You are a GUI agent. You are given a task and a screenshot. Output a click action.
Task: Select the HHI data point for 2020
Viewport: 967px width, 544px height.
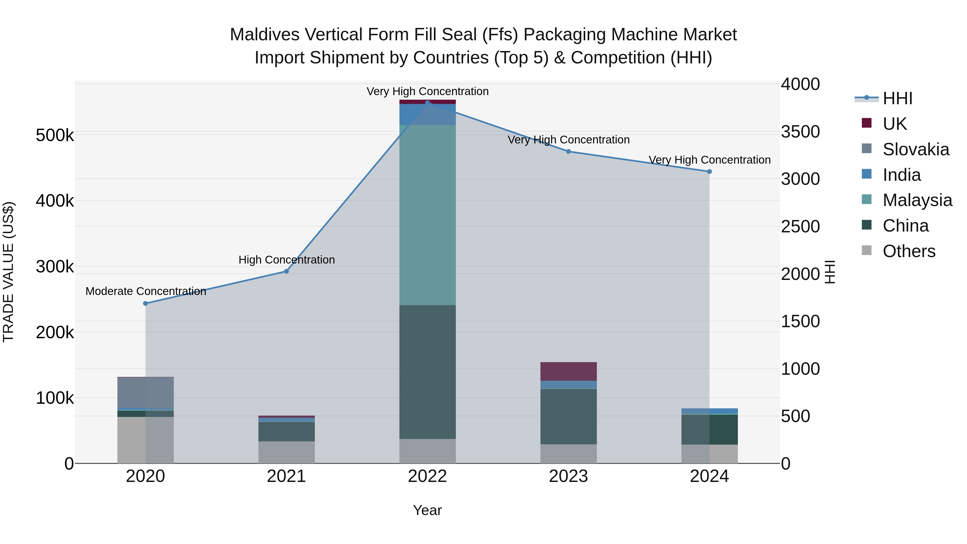click(x=146, y=303)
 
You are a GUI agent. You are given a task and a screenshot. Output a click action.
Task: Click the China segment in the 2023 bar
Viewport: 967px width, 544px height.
click(x=568, y=416)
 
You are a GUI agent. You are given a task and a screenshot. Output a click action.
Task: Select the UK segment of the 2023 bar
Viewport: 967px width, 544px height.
click(x=568, y=371)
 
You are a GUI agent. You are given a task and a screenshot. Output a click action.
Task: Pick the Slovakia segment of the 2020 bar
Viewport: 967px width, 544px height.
click(x=146, y=392)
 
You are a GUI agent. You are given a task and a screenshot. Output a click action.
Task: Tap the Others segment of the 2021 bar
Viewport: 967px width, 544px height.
click(x=286, y=452)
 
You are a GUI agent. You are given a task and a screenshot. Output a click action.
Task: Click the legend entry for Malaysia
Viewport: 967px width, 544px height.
click(x=917, y=200)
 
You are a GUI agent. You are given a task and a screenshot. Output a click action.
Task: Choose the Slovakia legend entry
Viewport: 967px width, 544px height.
click(x=916, y=149)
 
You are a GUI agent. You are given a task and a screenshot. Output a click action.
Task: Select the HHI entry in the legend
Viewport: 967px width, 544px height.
click(x=897, y=98)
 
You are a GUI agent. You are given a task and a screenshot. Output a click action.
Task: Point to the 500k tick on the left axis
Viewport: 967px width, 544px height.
click(x=55, y=135)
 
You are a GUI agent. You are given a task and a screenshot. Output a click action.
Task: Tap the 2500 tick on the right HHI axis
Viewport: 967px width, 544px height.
click(x=800, y=226)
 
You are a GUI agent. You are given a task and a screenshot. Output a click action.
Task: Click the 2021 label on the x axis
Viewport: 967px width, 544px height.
click(x=286, y=476)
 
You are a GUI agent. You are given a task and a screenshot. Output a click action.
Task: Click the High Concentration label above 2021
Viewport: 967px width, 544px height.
click(x=286, y=260)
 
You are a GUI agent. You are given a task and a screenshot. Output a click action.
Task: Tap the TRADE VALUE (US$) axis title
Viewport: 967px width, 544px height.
click(x=8, y=272)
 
